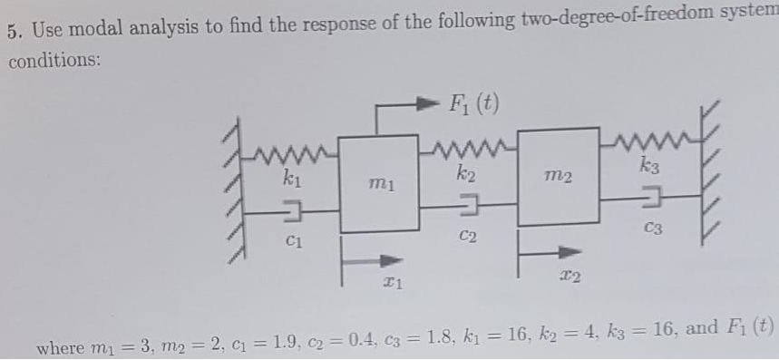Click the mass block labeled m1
click(379, 184)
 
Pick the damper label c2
click(468, 237)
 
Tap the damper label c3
click(653, 229)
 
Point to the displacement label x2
click(570, 273)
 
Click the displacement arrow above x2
click(550, 250)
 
